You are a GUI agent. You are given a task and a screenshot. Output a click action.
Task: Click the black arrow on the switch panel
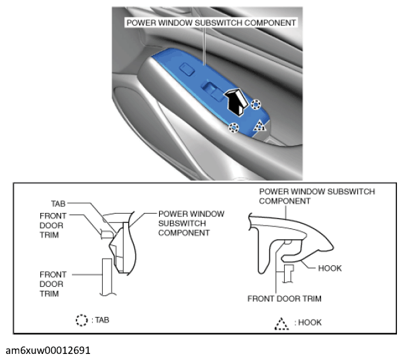[x=236, y=102]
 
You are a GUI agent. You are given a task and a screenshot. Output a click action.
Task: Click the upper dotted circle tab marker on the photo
[x=256, y=105]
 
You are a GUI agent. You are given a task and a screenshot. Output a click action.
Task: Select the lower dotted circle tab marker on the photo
[x=233, y=128]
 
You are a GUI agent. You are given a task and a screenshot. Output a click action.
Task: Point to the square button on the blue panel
[x=187, y=69]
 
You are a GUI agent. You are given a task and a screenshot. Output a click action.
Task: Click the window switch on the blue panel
[x=213, y=91]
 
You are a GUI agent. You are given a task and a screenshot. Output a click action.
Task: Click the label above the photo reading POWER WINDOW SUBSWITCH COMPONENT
[x=212, y=23]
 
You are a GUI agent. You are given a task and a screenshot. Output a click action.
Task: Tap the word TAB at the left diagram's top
[x=58, y=204]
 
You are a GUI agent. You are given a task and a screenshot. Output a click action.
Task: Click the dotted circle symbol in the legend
[x=82, y=320]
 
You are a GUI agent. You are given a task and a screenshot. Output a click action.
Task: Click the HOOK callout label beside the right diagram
[x=330, y=268]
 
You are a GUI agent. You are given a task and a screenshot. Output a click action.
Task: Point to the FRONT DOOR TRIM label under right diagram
[x=284, y=299]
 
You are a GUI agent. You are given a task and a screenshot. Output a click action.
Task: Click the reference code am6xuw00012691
[x=48, y=351]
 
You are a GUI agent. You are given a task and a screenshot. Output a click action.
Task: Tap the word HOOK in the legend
[x=310, y=322]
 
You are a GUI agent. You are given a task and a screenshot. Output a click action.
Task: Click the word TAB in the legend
[x=102, y=320]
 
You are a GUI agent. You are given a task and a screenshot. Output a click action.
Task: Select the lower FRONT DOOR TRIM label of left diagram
[x=53, y=284]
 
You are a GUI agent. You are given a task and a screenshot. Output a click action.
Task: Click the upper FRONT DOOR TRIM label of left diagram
[x=53, y=226]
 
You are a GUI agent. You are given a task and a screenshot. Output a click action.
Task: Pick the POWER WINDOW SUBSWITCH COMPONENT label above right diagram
[x=317, y=196]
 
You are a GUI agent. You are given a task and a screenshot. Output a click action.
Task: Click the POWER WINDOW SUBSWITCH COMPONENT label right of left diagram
[x=191, y=223]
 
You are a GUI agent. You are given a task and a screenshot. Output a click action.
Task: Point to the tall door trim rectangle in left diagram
[x=107, y=277]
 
